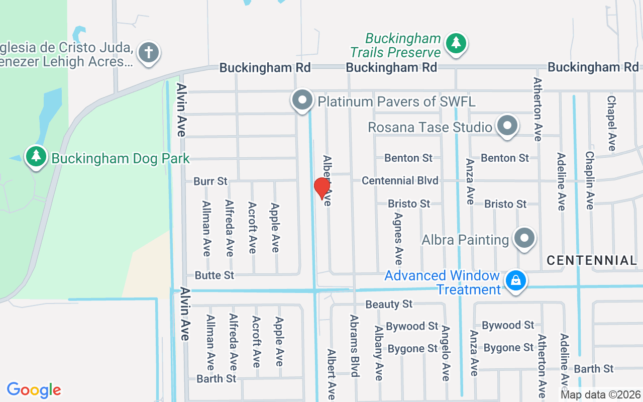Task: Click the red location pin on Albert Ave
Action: (321, 188)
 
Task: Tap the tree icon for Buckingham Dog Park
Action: (36, 156)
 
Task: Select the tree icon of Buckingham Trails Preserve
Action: (456, 43)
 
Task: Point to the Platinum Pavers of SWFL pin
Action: (302, 100)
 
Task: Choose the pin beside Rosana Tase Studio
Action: (507, 125)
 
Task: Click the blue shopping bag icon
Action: (515, 280)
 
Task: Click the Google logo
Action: (34, 390)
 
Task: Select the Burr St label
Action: (210, 181)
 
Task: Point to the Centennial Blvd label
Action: (400, 180)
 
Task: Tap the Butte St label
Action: (215, 275)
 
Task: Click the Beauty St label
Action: (389, 304)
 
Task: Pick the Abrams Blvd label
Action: (355, 346)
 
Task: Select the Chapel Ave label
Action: (611, 124)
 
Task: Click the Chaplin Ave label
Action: (589, 180)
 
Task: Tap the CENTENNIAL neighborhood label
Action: (591, 260)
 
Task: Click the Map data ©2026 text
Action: (600, 395)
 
